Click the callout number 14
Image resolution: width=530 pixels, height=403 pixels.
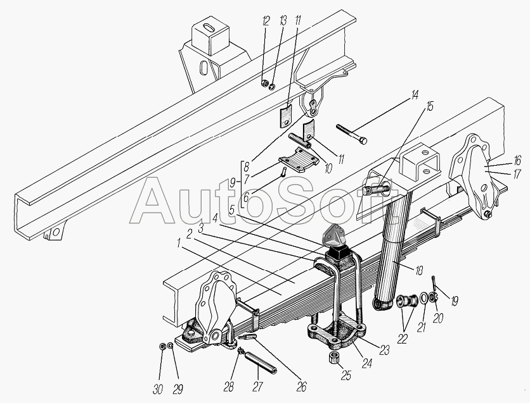pos(414,95)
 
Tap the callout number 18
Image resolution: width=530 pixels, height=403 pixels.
pos(419,270)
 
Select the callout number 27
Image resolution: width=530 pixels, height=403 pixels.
pos(257,387)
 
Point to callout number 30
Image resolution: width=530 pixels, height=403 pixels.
pos(158,389)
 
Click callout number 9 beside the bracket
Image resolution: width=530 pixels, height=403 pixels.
pos(233,183)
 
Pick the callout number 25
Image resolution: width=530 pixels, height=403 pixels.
pos(346,375)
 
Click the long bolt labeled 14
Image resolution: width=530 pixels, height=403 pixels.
pos(351,134)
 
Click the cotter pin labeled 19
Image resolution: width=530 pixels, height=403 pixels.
pos(434,283)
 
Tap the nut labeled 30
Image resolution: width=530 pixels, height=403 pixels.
pos(162,346)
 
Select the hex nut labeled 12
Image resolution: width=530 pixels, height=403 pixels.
pos(264,84)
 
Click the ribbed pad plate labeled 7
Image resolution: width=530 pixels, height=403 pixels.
pos(299,159)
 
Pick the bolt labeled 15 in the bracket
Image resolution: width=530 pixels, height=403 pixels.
pos(375,190)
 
